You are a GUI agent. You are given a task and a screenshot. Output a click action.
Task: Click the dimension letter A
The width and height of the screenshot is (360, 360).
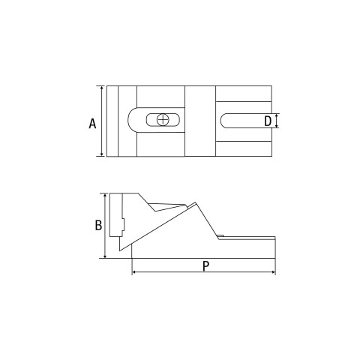click(92, 124)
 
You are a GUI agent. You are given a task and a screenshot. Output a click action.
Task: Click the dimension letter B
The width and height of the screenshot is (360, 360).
click(98, 225)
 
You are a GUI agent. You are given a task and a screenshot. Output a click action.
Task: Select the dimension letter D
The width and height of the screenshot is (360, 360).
click(268, 121)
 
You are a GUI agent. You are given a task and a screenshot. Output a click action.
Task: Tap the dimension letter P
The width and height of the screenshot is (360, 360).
click(205, 266)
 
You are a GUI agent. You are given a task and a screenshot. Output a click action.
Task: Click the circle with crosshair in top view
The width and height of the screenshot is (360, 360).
click(163, 120)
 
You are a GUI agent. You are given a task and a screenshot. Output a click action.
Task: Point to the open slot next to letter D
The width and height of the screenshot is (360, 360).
click(246, 121)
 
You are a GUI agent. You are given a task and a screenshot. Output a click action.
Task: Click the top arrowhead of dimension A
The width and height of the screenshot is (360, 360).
click(102, 88)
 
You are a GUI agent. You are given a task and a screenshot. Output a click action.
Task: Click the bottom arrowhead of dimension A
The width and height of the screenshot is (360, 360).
click(102, 154)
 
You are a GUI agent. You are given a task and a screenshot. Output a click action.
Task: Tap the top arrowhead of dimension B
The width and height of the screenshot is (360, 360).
click(105, 196)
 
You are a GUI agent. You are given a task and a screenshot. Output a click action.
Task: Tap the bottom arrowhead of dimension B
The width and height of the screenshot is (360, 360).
click(105, 256)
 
